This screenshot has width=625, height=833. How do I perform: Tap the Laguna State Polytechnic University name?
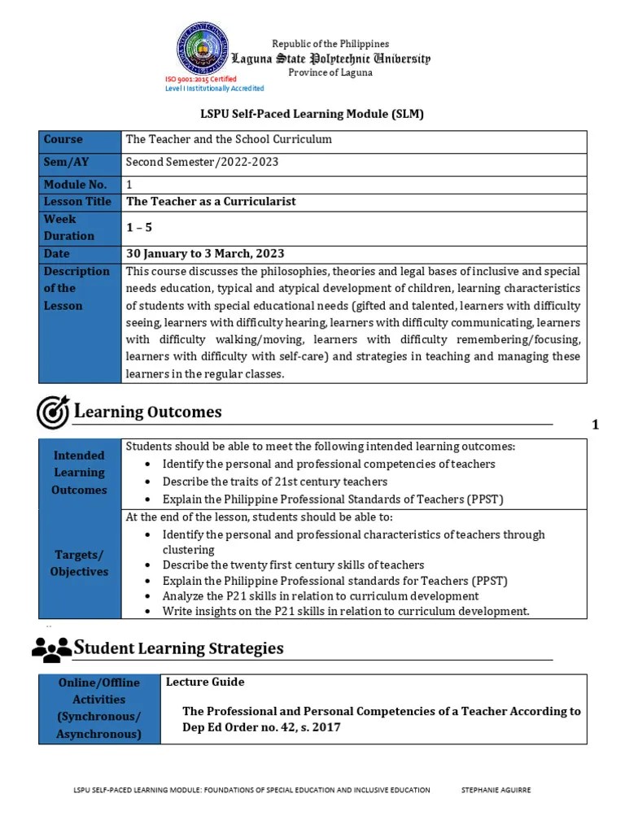coord(330,59)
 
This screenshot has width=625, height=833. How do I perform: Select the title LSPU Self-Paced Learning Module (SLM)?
coord(312,115)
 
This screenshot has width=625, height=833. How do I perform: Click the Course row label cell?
coord(80,140)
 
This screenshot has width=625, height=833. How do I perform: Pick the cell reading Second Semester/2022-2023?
coord(202,162)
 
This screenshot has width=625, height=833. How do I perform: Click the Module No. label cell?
coord(80,185)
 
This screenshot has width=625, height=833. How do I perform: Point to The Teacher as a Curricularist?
coord(211,201)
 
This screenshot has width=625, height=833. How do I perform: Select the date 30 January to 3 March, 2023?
coord(205,254)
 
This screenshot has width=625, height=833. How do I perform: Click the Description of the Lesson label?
coord(80,289)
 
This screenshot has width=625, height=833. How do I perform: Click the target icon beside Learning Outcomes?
coord(53,412)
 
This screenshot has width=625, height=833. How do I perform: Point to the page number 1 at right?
coord(596,424)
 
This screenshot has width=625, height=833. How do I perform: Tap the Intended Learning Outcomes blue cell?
coord(80,473)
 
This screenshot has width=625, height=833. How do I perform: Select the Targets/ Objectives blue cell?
coord(80,563)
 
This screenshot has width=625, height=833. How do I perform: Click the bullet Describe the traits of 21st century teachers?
coord(264,482)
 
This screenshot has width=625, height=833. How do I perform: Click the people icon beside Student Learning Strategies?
coord(51,649)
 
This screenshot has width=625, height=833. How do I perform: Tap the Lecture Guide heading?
coord(205,682)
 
